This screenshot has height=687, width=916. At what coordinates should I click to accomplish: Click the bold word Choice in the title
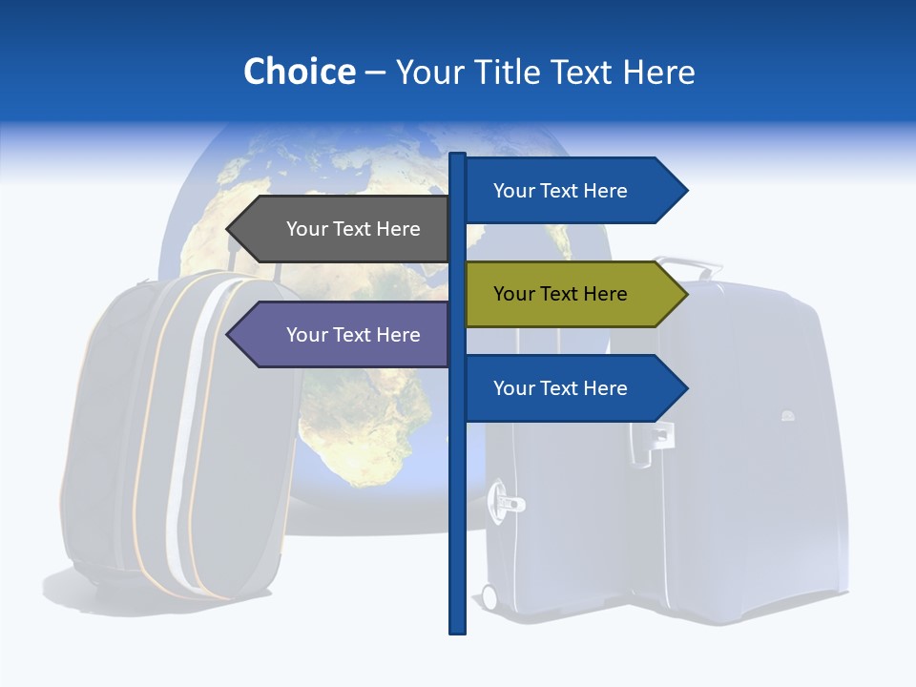[x=299, y=72]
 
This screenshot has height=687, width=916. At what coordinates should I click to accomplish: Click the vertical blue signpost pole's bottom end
[x=458, y=630]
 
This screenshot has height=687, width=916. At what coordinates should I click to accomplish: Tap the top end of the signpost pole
[x=458, y=156]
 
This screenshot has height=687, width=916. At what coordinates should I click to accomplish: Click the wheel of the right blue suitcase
[x=489, y=597]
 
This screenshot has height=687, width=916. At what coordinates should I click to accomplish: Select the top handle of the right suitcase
[x=689, y=263]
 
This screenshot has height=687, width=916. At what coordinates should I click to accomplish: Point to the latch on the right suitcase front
[x=507, y=498]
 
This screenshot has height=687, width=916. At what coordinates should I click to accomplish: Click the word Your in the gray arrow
[x=306, y=229]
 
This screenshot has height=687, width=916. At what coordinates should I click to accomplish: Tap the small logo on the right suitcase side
[x=788, y=415]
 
